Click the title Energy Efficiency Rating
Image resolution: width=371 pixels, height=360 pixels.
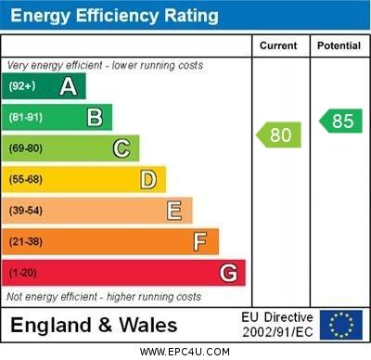(x=113, y=16)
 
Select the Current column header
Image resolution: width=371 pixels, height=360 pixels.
(x=278, y=45)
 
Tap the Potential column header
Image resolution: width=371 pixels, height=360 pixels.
(x=339, y=45)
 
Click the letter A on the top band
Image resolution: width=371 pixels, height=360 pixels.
(x=68, y=86)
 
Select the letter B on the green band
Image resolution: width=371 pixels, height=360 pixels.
(x=95, y=117)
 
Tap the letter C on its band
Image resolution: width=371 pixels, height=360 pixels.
(x=122, y=148)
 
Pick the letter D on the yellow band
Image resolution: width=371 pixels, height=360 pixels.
(x=148, y=179)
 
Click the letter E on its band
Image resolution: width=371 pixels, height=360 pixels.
(x=174, y=211)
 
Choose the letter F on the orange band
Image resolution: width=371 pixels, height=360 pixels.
(x=200, y=242)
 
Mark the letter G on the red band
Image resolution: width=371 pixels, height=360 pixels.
(x=228, y=274)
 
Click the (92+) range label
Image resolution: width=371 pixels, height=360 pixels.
(x=21, y=87)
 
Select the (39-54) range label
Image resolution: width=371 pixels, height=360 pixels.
(x=26, y=212)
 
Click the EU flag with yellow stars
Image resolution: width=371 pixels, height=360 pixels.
(x=341, y=325)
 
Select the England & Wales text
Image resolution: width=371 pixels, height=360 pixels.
(x=94, y=326)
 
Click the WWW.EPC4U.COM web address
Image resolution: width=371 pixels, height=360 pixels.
(x=185, y=352)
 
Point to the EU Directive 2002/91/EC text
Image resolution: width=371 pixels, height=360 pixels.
(x=277, y=325)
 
